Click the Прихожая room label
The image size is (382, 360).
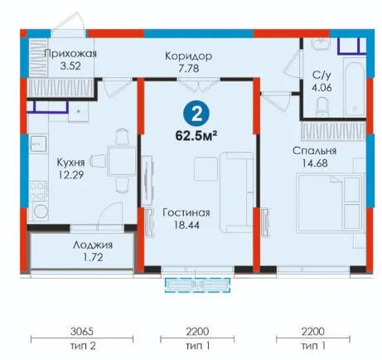pyautogui.click(x=70, y=54)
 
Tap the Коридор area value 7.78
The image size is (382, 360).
pyautogui.click(x=189, y=68)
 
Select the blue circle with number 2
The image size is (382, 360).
pyautogui.click(x=196, y=114)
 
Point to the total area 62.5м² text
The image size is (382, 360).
pyautogui.click(x=196, y=136)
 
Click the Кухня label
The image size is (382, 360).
pyautogui.click(x=70, y=163)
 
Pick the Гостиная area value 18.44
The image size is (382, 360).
pyautogui.click(x=186, y=225)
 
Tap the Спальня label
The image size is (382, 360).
pyautogui.click(x=315, y=151)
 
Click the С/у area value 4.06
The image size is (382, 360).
pyautogui.click(x=322, y=88)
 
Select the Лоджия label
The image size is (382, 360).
pyautogui.click(x=93, y=246)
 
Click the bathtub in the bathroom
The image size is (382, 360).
pyautogui.click(x=355, y=89)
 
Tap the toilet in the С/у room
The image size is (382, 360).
pyautogui.click(x=322, y=106)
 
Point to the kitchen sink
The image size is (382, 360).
pyautogui.click(x=39, y=144)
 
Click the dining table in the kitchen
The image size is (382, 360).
pyautogui.click(x=122, y=162)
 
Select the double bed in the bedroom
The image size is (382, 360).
pyautogui.click(x=330, y=203)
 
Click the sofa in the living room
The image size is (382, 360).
pyautogui.click(x=236, y=192)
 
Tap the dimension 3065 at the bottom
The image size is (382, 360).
pyautogui.click(x=82, y=331)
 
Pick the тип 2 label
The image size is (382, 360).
pyautogui.click(x=83, y=346)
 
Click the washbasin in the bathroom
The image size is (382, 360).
pyautogui.click(x=321, y=44)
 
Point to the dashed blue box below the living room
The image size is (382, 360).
pyautogui.click(x=197, y=285)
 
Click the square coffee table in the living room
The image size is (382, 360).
pyautogui.click(x=206, y=168)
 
